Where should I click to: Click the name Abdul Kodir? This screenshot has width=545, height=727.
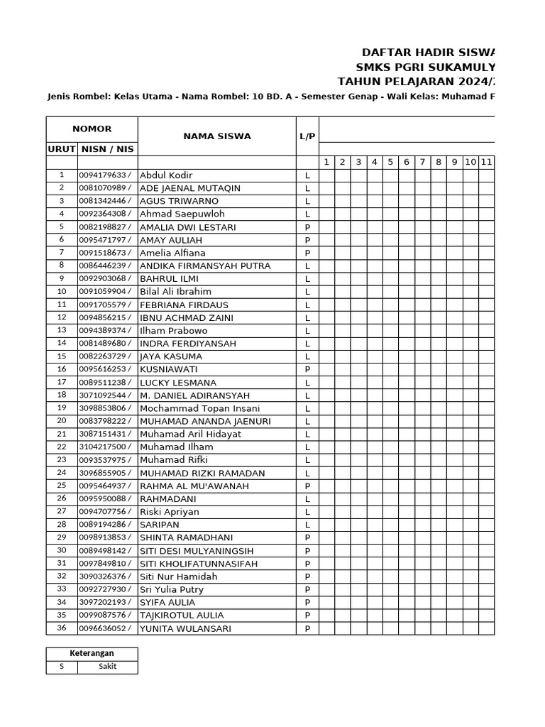pyautogui.click(x=166, y=175)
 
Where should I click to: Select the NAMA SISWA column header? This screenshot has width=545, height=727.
pyautogui.click(x=216, y=136)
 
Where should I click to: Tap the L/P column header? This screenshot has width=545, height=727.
pyautogui.click(x=307, y=136)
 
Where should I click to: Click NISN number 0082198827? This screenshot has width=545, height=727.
pyautogui.click(x=104, y=227)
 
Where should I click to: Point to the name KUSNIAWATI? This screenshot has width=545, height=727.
pyautogui.click(x=169, y=369)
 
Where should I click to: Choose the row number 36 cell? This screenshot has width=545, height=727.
pyautogui.click(x=61, y=628)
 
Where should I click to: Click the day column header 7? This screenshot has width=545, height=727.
pyautogui.click(x=422, y=163)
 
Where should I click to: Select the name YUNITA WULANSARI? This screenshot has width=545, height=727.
pyautogui.click(x=185, y=628)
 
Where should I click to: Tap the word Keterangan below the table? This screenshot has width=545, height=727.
pyautogui.click(x=92, y=654)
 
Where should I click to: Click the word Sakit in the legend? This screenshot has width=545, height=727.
pyautogui.click(x=107, y=667)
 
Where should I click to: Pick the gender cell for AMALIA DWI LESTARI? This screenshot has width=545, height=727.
pyautogui.click(x=307, y=227)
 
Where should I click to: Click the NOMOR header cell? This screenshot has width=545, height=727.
pyautogui.click(x=92, y=129)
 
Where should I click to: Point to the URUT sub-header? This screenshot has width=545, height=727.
pyautogui.click(x=61, y=149)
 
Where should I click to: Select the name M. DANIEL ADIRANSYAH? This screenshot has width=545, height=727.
pyautogui.click(x=194, y=395)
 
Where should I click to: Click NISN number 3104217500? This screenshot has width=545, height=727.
pyautogui.click(x=104, y=447)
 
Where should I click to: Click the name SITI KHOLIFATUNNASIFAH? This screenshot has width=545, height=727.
pyautogui.click(x=198, y=564)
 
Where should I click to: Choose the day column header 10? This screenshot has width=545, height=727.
pyautogui.click(x=470, y=163)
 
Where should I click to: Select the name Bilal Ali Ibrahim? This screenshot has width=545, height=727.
pyautogui.click(x=175, y=292)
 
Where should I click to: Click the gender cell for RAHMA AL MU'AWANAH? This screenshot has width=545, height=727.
pyautogui.click(x=307, y=486)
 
